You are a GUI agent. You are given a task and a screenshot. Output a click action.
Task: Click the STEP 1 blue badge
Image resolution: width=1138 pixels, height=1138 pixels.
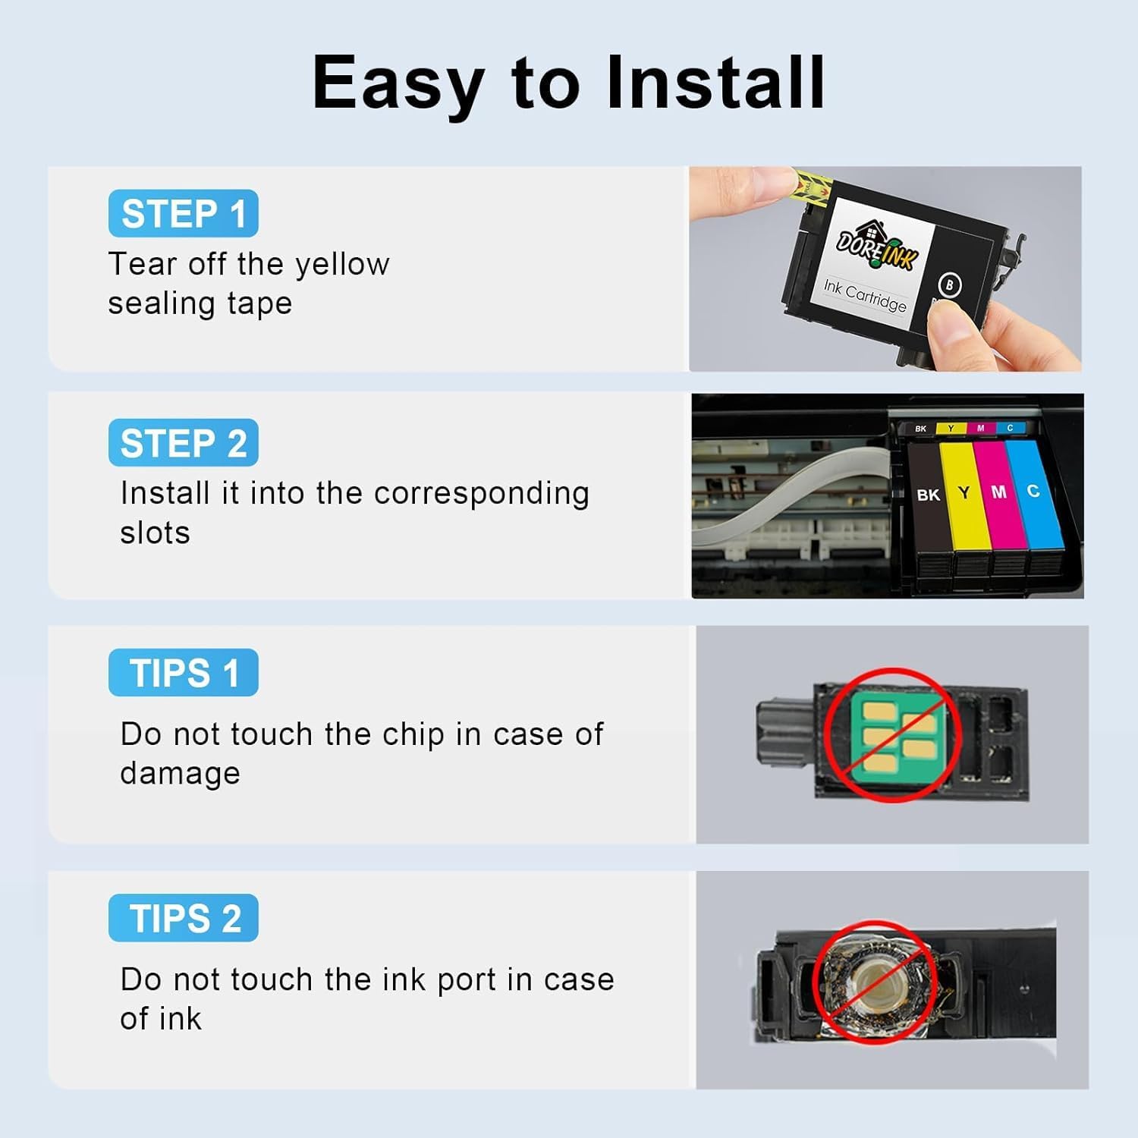(x=183, y=213)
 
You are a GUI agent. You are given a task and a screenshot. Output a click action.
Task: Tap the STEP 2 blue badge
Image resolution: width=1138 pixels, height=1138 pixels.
(x=183, y=442)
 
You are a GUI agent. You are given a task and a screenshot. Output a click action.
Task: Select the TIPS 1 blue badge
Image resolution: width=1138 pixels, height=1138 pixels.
(x=183, y=672)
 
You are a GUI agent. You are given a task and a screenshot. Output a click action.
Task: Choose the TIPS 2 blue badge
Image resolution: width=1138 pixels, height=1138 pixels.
(x=183, y=918)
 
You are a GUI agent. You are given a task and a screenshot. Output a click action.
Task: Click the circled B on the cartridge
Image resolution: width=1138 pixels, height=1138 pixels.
(x=950, y=285)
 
